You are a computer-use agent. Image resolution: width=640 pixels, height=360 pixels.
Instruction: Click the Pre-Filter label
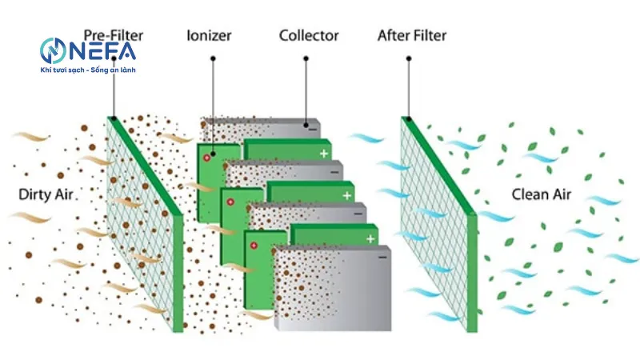(x=114, y=36)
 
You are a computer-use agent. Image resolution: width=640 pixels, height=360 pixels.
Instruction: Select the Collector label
(x=309, y=36)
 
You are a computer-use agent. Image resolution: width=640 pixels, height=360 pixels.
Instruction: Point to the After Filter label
(x=411, y=36)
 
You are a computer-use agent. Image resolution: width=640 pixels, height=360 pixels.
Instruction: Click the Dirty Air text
(x=46, y=194)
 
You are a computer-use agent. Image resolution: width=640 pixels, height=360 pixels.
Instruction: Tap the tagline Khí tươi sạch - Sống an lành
(x=87, y=71)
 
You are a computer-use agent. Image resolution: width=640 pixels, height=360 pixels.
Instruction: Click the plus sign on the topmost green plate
(x=324, y=152)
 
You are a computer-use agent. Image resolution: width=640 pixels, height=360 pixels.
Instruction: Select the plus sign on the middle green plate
(x=346, y=195)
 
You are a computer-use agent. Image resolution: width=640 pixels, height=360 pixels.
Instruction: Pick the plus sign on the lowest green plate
(x=370, y=238)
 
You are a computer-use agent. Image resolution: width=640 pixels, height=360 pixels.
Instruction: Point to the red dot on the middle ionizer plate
(x=231, y=202)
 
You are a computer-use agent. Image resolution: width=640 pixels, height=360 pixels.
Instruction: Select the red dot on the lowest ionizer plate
(x=254, y=246)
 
